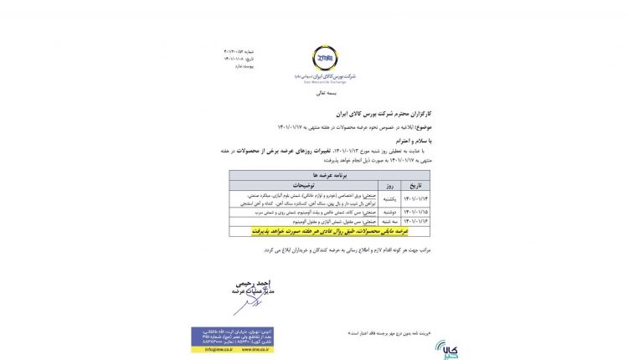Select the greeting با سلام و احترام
click(x=409, y=141)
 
